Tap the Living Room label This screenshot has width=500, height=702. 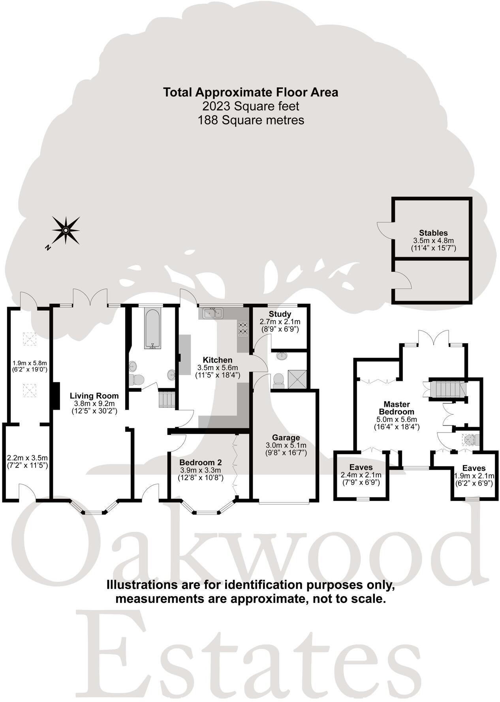[94, 395]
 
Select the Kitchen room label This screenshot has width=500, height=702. [218, 360]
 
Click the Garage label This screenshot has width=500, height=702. [286, 437]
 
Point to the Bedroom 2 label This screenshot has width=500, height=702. [200, 463]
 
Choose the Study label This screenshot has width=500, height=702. [280, 314]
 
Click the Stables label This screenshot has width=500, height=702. [433, 233]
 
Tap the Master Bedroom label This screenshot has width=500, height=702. [397, 408]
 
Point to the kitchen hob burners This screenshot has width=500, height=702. [242, 328]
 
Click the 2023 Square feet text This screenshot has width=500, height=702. [251, 106]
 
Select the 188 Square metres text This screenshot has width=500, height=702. [251, 120]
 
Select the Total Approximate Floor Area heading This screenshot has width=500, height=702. [251, 92]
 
